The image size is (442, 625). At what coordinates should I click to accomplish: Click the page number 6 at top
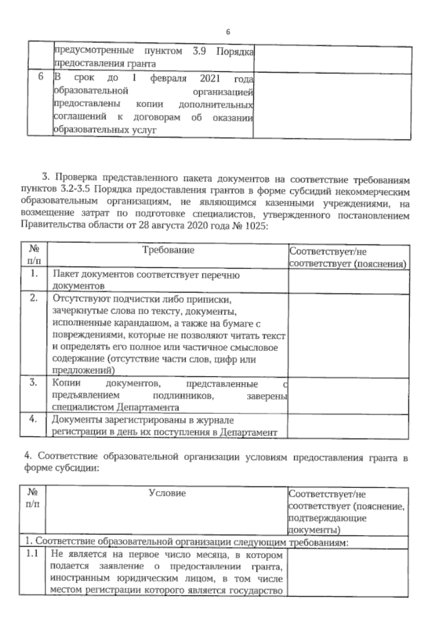(x=228, y=32)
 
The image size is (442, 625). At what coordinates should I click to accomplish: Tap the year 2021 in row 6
(x=210, y=78)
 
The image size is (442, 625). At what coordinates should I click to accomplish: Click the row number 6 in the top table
(x=41, y=77)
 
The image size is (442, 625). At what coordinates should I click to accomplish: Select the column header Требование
(x=168, y=250)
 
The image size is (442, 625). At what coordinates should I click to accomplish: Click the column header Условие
(x=167, y=493)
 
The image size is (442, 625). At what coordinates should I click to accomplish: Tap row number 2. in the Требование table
(x=34, y=299)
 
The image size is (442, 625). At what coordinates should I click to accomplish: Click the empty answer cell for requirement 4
(x=348, y=426)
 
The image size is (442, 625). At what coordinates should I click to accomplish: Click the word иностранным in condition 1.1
(x=76, y=579)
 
